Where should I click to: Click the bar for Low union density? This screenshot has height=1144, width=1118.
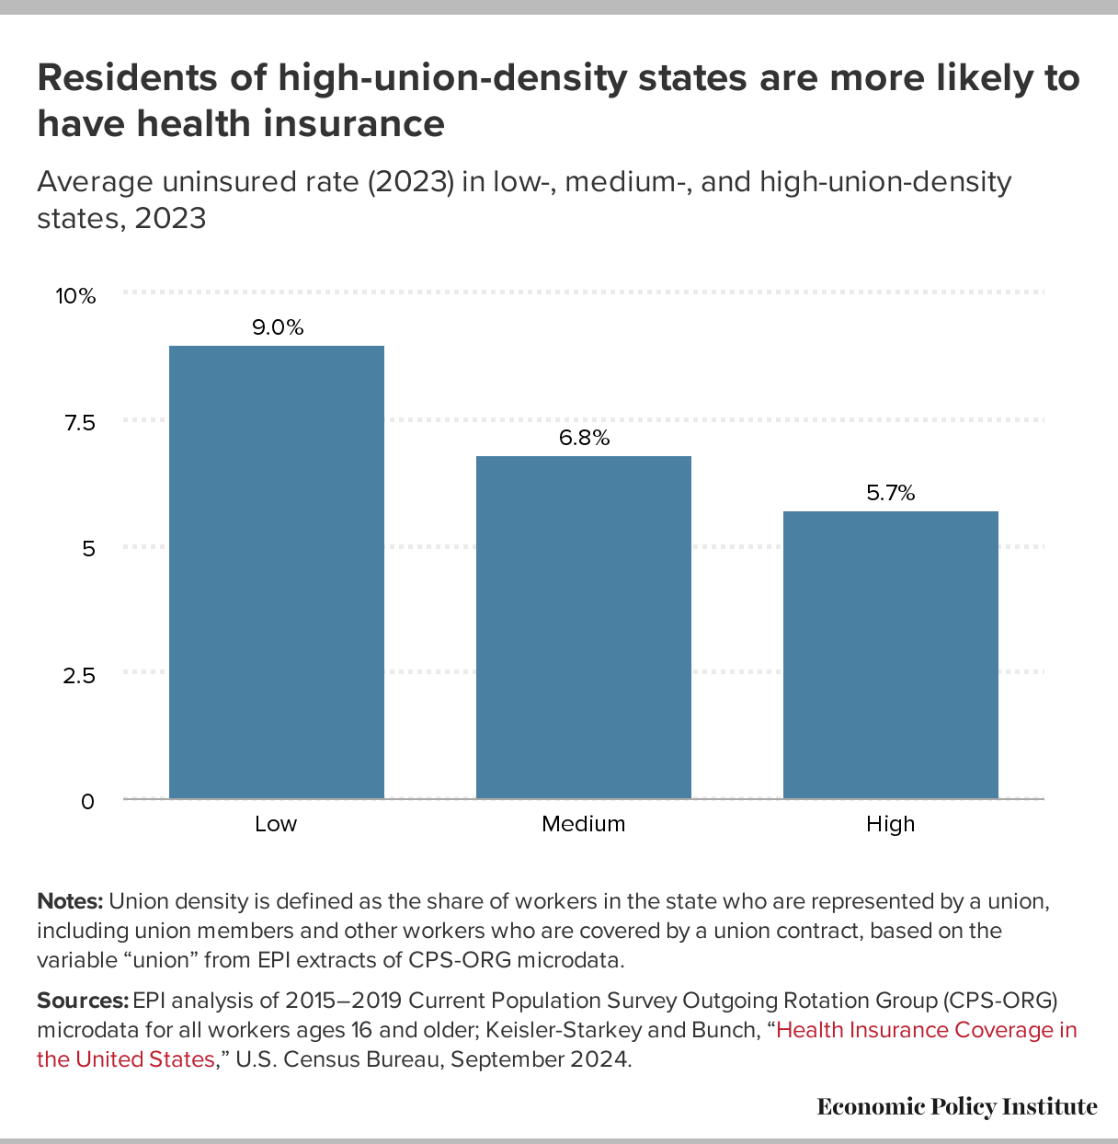coord(276,572)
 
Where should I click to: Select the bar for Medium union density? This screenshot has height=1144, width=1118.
coord(583,627)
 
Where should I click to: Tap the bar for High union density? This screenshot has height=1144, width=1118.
coord(890,655)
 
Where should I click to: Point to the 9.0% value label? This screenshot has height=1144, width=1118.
coord(278,327)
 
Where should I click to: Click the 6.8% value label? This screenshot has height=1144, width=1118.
coord(584,438)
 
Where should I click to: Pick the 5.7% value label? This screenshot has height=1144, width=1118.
coord(890,493)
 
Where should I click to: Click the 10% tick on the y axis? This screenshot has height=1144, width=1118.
coord(75,296)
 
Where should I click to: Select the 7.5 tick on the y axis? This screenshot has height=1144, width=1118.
coord(79,423)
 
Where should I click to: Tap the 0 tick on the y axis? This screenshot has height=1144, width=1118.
coord(87,802)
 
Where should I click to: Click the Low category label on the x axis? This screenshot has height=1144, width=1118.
coord(276,824)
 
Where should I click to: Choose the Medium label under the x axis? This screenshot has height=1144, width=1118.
coord(583,824)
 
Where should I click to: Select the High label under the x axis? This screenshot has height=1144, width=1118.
coord(890,824)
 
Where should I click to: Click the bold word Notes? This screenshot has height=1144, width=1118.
coord(71,901)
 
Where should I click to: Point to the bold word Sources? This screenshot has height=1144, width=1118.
coord(82,1001)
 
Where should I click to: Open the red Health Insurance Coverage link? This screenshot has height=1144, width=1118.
coord(926,1030)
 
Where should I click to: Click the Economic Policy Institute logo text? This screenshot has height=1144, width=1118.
coord(956,1106)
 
